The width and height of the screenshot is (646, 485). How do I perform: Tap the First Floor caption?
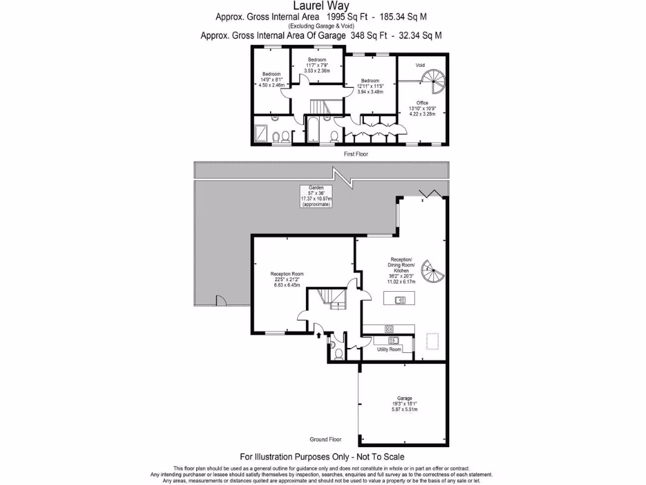[356, 153]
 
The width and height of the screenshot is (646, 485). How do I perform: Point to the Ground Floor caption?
[326, 439]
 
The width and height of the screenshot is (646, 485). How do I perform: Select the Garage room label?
[404, 398]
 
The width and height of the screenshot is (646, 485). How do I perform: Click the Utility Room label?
[389, 349]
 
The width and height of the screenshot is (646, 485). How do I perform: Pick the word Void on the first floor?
[420, 65]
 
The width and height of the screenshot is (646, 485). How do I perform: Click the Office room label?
[422, 102]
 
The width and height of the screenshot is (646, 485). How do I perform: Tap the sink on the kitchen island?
[401, 300]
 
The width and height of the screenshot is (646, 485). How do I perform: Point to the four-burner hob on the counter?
[389, 328]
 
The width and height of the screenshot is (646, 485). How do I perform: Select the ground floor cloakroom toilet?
[339, 354]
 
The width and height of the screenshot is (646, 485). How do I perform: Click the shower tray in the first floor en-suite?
[261, 133]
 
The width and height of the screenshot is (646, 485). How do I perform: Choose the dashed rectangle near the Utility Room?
[433, 341]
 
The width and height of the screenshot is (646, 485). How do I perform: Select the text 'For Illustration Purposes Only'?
[293, 457]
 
